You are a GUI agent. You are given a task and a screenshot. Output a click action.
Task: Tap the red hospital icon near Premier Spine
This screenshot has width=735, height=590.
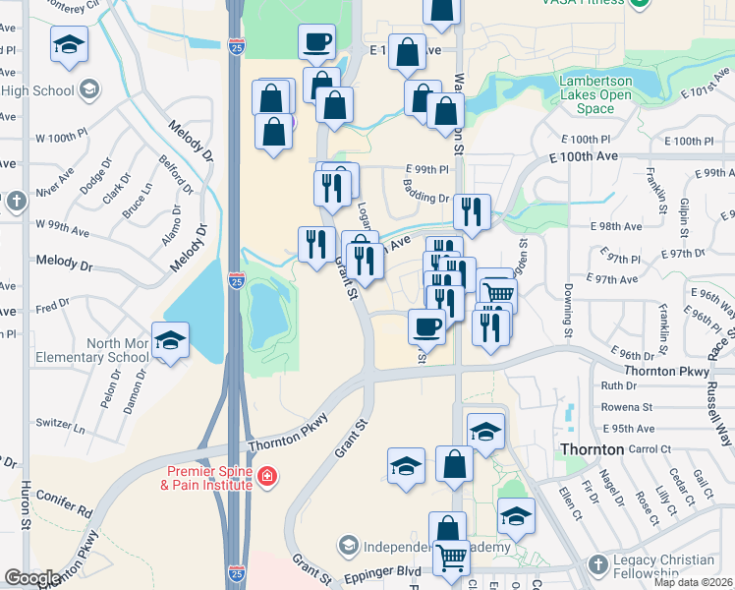click(x=267, y=478)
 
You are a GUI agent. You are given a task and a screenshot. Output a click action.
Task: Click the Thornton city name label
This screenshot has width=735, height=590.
click(x=592, y=448)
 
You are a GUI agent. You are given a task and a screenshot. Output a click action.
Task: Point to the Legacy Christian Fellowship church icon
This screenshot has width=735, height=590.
click(x=597, y=564)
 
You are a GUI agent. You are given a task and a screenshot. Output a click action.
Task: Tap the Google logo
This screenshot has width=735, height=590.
click(x=33, y=578)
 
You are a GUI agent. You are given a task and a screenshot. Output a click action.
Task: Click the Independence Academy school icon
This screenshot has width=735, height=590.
click(x=347, y=545)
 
